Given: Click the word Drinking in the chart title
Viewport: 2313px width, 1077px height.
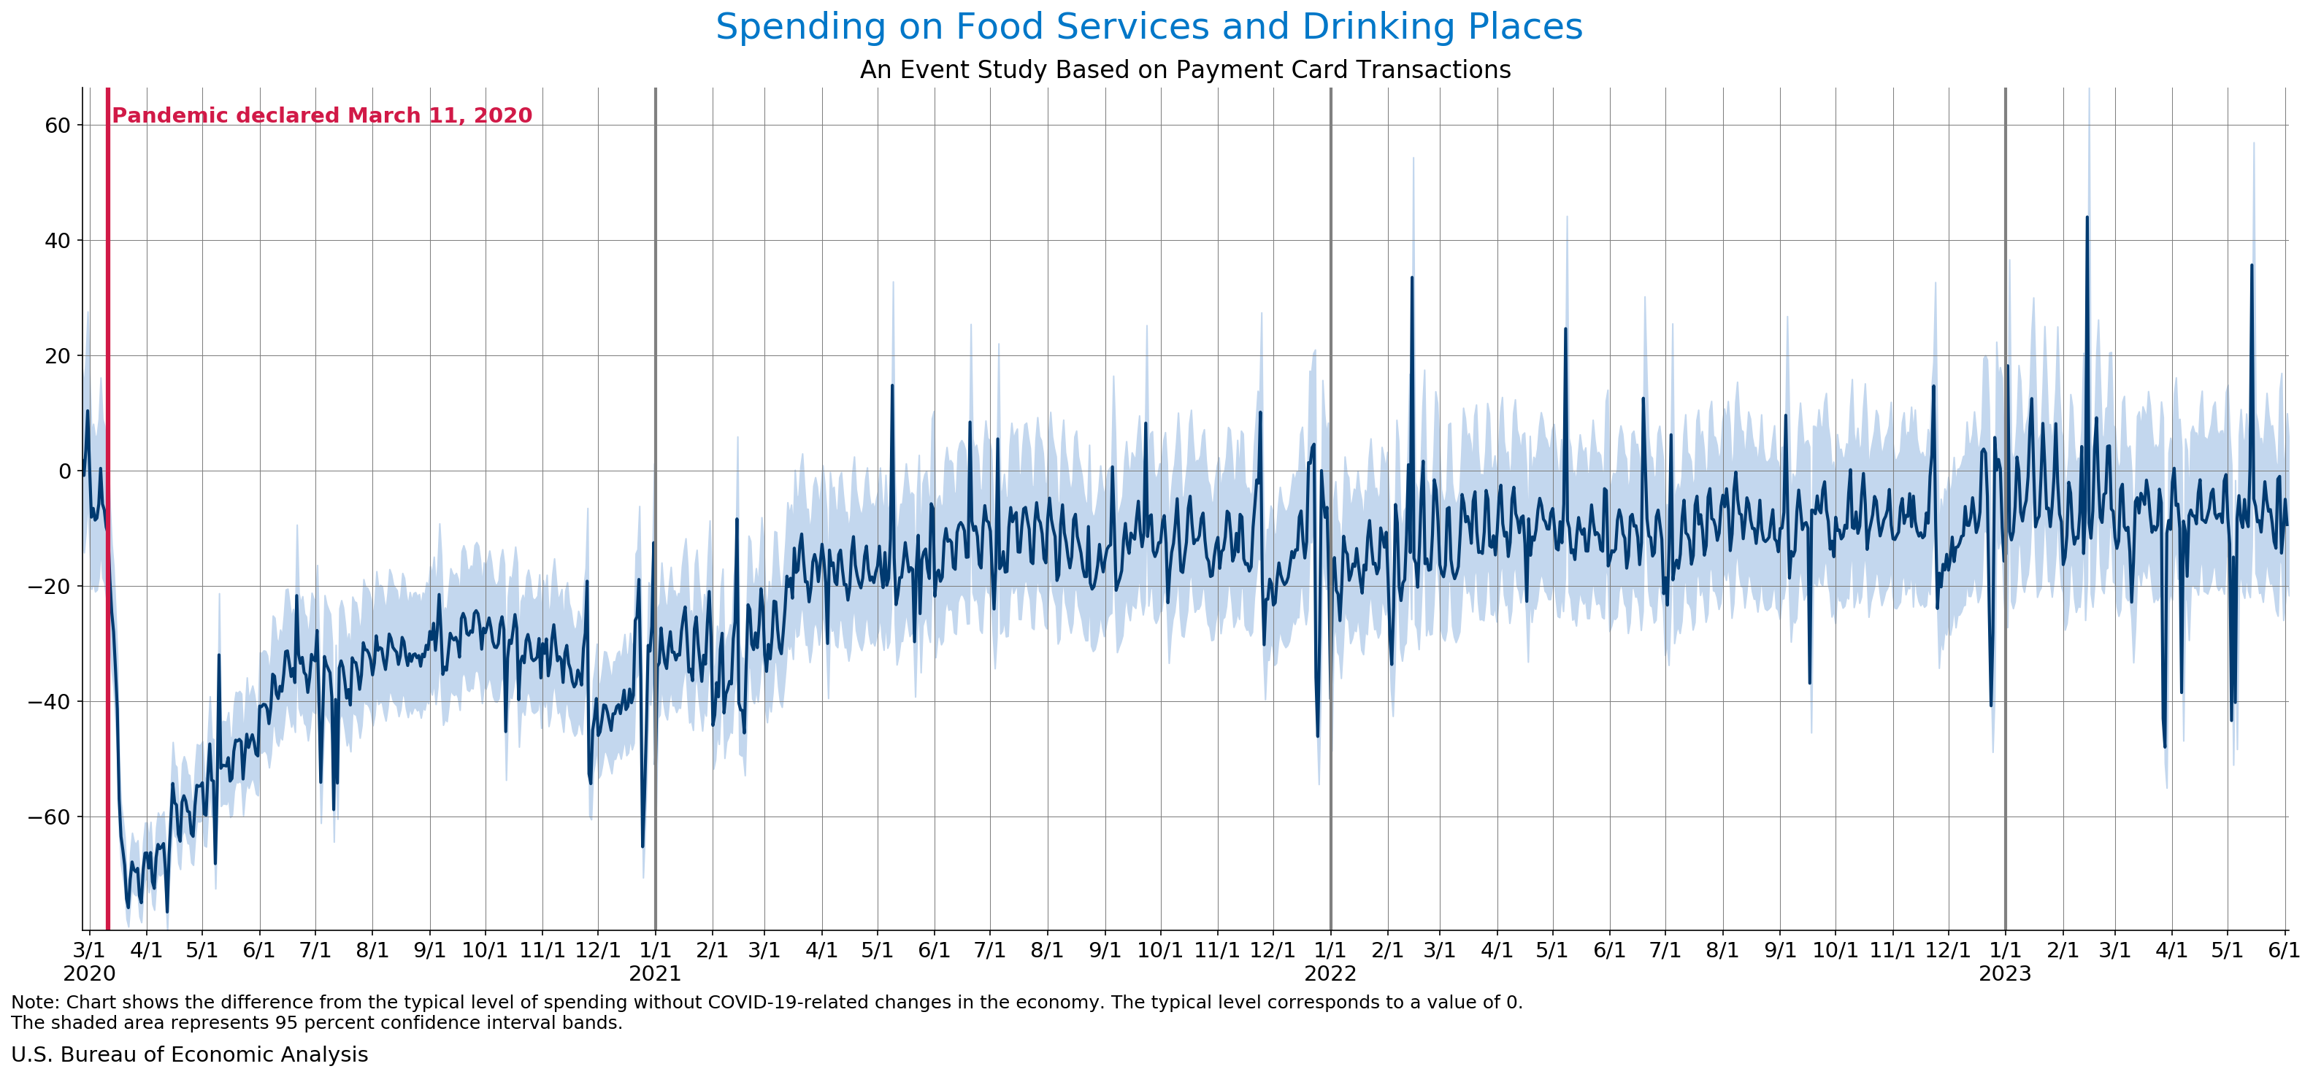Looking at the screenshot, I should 1378,27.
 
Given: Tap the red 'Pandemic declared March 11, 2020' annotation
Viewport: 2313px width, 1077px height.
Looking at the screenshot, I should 321,116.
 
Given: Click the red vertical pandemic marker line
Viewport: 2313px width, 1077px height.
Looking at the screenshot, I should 108,538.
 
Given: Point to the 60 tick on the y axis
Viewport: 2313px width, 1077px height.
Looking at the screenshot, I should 58,126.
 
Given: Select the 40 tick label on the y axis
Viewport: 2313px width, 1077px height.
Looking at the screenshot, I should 58,241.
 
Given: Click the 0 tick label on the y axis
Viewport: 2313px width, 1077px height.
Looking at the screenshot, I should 65,471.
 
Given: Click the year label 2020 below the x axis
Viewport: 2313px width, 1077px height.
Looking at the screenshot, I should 89,974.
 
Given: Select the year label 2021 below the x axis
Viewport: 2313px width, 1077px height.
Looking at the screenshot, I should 655,974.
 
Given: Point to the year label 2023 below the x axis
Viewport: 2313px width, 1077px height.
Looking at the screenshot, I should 2005,974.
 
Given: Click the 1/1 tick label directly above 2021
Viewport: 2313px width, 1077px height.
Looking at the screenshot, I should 655,949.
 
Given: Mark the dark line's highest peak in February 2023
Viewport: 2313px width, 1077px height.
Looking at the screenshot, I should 2087,217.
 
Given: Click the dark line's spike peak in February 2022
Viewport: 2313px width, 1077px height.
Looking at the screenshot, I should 1411,277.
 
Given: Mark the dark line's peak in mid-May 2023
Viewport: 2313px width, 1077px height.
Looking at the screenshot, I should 2251,266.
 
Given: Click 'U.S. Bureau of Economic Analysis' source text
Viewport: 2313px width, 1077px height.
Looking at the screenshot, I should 189,1054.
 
